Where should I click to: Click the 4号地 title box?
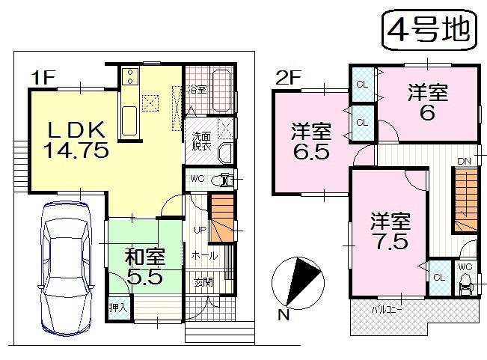[x=429, y=29]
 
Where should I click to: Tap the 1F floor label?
[x=43, y=76]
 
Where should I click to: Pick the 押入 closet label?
[x=119, y=308]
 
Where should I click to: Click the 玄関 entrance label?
[x=203, y=282]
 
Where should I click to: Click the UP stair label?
[x=200, y=230]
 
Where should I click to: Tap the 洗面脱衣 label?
[x=201, y=142]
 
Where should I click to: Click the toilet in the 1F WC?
[x=223, y=180]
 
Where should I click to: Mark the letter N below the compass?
[x=283, y=316]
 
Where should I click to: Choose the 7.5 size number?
[x=389, y=242]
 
